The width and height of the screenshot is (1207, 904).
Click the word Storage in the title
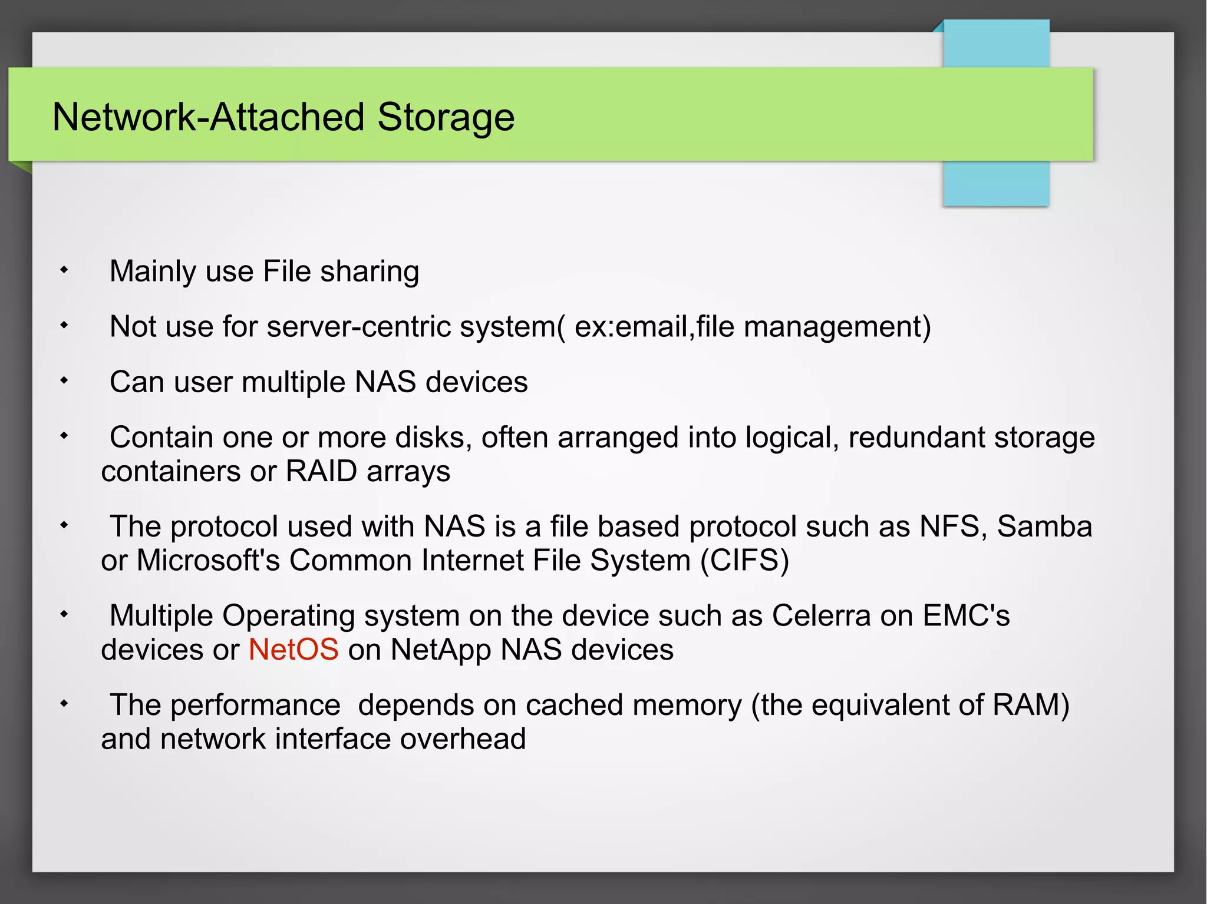click(446, 117)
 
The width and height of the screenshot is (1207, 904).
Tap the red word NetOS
click(293, 650)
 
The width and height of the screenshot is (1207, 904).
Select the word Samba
click(1044, 526)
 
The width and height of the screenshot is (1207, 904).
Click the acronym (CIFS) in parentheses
click(744, 560)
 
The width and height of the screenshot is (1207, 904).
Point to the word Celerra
click(821, 615)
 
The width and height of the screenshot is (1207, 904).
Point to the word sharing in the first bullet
click(370, 271)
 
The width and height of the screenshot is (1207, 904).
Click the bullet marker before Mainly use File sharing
click(64, 270)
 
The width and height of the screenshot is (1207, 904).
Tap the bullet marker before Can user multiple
click(64, 380)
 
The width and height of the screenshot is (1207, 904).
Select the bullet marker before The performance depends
click(64, 703)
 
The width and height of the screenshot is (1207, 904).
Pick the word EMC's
click(966, 615)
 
